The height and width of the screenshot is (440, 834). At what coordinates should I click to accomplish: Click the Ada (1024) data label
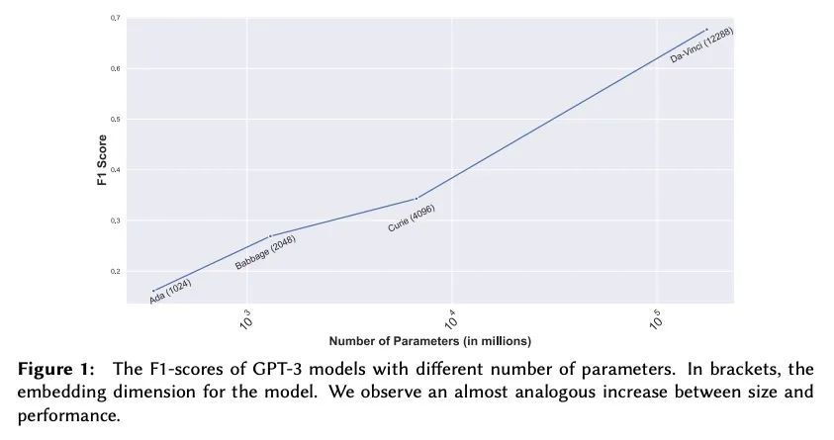[170, 291]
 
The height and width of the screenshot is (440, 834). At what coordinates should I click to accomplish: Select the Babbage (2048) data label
[265, 252]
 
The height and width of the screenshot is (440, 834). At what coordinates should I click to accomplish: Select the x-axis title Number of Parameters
[430, 341]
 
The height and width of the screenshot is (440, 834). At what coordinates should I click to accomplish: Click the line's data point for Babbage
[271, 235]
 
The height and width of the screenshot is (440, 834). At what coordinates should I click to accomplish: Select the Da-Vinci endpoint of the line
[706, 29]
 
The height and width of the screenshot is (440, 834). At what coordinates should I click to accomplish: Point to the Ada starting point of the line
[153, 290]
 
